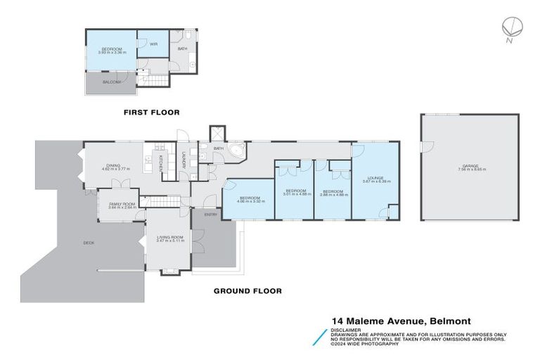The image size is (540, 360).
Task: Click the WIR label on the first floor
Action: coord(153,44)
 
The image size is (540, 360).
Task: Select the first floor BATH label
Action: coord(182,49)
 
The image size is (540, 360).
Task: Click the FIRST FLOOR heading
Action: coord(151,112)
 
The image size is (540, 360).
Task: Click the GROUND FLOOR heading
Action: coord(247,290)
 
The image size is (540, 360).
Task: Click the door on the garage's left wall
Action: coord(423,146)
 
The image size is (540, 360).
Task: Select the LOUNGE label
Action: coord(373,179)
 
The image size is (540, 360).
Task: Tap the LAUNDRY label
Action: coord(184,160)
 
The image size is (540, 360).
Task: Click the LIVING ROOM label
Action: coord(169,238)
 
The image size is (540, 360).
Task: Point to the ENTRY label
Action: coord(210,214)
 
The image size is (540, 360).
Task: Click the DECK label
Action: coord(89,243)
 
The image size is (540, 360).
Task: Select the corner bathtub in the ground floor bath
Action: coord(238,153)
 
